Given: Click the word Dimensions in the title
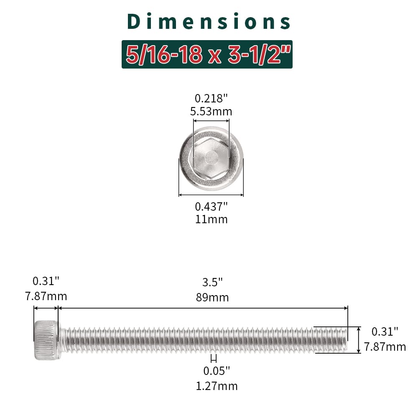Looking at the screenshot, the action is [209, 21].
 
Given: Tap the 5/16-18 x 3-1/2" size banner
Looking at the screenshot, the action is [207, 54].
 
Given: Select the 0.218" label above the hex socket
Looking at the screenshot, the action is [211, 98].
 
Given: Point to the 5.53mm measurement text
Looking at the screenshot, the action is [211, 111].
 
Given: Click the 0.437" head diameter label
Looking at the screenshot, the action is [212, 206].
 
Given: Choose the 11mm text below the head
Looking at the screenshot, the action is [212, 219].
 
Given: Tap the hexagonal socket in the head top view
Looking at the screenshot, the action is [211, 158].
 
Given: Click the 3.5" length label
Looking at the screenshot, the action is [212, 282].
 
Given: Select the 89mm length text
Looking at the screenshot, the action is [212, 298].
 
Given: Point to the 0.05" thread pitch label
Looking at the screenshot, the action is [217, 371].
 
